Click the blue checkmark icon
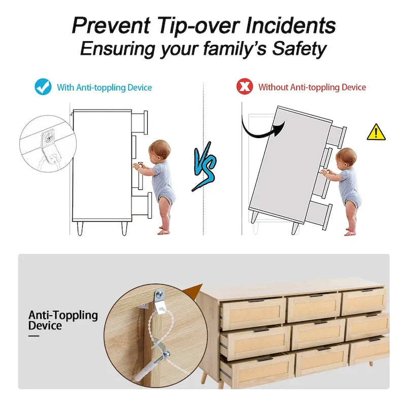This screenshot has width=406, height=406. (43, 87)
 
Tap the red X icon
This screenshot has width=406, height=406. (245, 86)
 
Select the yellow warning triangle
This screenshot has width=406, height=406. (376, 132)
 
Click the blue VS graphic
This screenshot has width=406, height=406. (205, 166)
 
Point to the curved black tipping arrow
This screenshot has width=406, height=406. (259, 133)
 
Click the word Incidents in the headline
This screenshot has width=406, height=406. (290, 25)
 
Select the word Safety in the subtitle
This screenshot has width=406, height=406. (299, 49)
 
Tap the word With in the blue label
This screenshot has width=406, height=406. (65, 87)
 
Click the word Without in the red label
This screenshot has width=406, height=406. (273, 87)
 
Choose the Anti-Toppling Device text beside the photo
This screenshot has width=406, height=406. (63, 320)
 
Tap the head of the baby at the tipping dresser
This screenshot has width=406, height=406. (347, 158)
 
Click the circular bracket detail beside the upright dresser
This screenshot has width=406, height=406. (48, 144)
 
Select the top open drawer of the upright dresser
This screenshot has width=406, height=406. (139, 122)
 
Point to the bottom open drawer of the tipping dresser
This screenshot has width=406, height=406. (319, 215)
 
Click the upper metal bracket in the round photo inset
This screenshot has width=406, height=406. (158, 300)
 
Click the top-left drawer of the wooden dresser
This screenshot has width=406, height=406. (253, 313)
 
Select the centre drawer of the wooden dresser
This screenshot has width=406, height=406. (318, 333)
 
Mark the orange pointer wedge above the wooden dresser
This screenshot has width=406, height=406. (193, 291)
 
